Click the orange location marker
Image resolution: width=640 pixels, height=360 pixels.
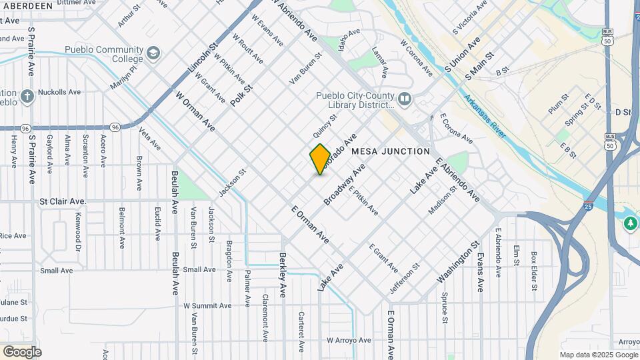(x=320, y=159)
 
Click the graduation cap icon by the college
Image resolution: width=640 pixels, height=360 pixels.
(x=155, y=53)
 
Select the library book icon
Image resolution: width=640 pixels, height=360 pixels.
(x=405, y=100)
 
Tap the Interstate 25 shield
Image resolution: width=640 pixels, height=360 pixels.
(x=589, y=201)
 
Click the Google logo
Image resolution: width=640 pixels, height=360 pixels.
(x=22, y=351)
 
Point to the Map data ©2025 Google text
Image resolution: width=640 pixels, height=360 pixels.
(x=599, y=355)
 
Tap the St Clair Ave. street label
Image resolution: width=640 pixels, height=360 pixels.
(x=63, y=201)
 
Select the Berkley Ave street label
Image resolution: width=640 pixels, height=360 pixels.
(x=283, y=275)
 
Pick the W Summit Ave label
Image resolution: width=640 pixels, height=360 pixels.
(x=207, y=305)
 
